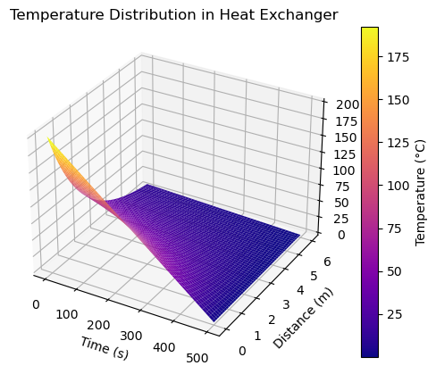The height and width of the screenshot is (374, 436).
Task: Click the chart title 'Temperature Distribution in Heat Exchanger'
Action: (x=173, y=15)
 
